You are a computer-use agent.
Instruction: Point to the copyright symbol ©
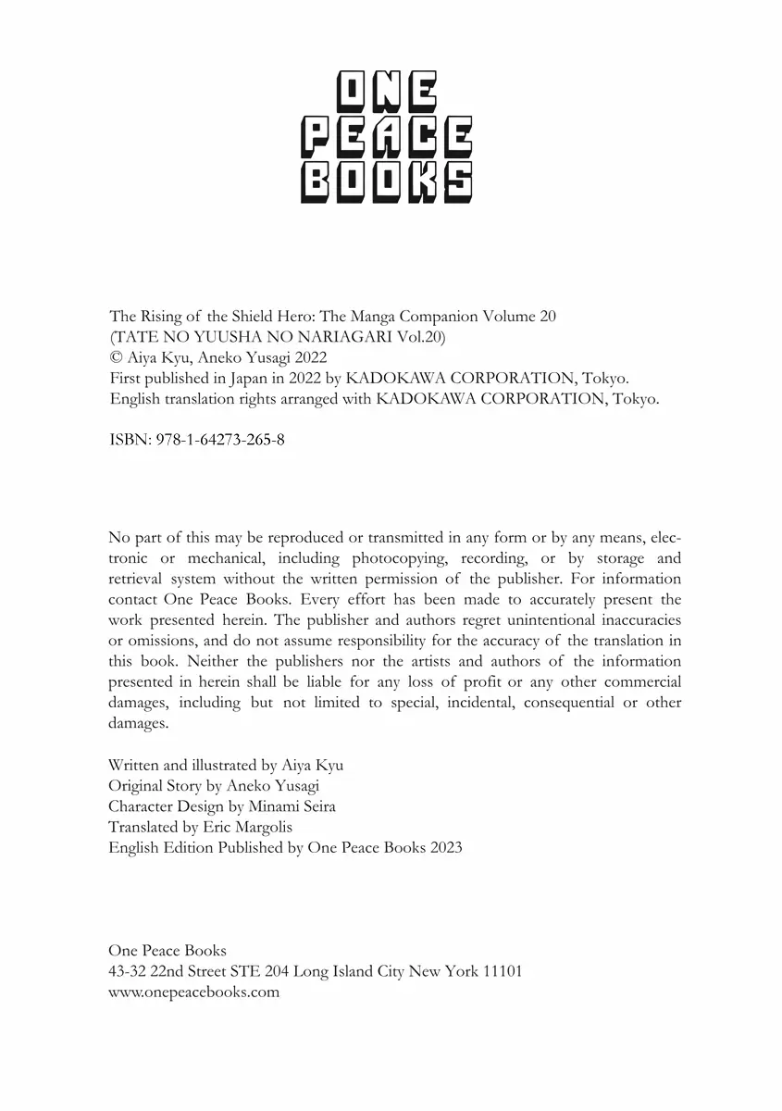(x=115, y=358)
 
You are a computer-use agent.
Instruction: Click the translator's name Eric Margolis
(x=247, y=827)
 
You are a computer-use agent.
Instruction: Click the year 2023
(x=446, y=847)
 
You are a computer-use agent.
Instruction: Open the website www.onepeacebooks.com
(x=193, y=992)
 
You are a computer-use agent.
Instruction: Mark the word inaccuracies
(x=632, y=619)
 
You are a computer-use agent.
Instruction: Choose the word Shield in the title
(x=231, y=316)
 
